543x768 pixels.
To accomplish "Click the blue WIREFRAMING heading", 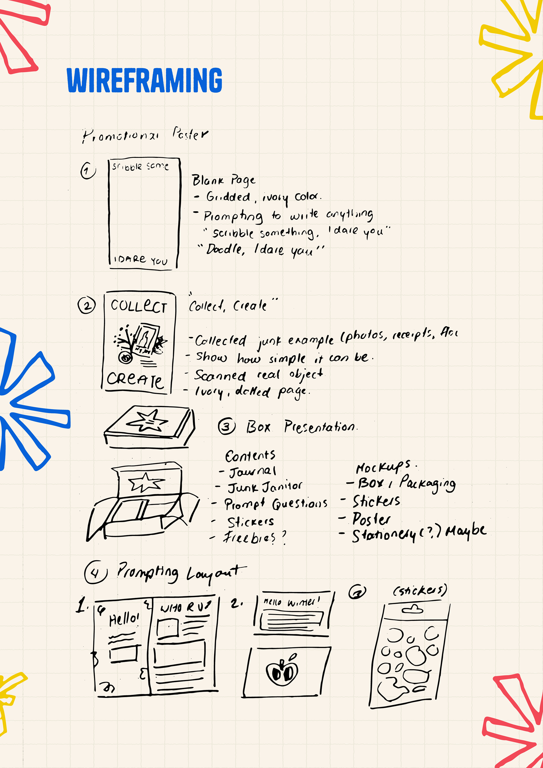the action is tap(144, 80).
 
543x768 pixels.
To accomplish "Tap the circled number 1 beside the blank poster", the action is tap(88, 171).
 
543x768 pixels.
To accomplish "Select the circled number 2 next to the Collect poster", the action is tap(87, 306).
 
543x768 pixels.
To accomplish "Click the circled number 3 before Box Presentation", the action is tap(227, 427).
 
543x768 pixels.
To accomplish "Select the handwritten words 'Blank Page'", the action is tap(223, 180).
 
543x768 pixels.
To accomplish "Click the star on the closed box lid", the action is tap(147, 421).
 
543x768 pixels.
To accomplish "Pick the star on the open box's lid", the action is tap(146, 482).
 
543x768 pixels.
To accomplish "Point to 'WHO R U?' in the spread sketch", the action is tap(186, 606).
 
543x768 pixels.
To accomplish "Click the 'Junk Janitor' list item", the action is tap(265, 487).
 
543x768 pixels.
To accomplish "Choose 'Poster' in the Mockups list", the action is tap(371, 519).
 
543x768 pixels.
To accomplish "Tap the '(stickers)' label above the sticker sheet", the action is tap(420, 590).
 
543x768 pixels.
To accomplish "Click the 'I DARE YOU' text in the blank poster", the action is tap(141, 260).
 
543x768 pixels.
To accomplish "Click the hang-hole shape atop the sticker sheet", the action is tap(413, 609).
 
